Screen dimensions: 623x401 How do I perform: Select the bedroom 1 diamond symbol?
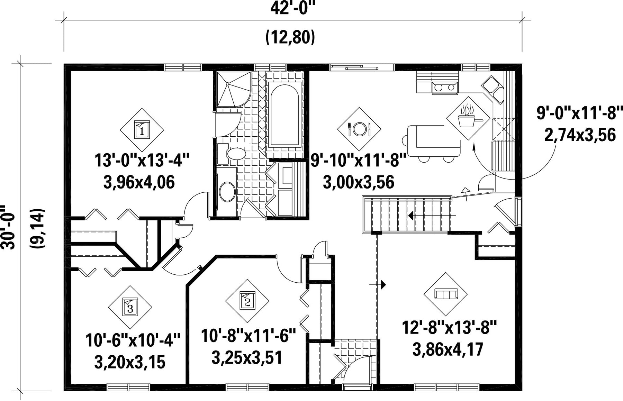pyautogui.click(x=142, y=130)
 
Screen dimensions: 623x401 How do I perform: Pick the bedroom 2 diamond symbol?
pyautogui.click(x=247, y=301)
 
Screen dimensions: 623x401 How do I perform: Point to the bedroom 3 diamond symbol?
pyautogui.click(x=130, y=307)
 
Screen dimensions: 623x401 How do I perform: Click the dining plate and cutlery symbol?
pyautogui.click(x=359, y=129)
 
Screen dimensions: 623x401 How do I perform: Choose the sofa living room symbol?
pyautogui.click(x=445, y=294)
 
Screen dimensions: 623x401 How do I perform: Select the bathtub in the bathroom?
pyautogui.click(x=284, y=115)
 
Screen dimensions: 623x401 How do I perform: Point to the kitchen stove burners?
pyautogui.click(x=445, y=88)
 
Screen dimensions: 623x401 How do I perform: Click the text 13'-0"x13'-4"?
pyautogui.click(x=142, y=161)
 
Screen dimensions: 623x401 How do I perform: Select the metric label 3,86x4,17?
pyautogui.click(x=448, y=349)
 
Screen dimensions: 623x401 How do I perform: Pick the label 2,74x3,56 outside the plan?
pyautogui.click(x=580, y=135)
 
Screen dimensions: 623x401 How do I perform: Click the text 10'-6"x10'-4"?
pyautogui.click(x=133, y=340)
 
